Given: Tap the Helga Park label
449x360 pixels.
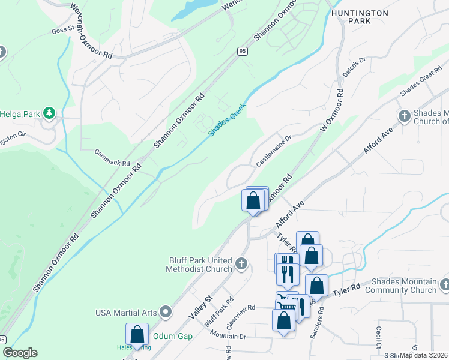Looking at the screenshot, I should (20, 113).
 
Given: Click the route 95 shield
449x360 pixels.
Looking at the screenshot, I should (242, 52).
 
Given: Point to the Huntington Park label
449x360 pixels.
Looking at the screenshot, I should (359, 17).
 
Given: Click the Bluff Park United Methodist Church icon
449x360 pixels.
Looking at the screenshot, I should (241, 263).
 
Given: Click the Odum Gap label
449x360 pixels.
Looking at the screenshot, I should (173, 336).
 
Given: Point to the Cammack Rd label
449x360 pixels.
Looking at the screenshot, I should (112, 158).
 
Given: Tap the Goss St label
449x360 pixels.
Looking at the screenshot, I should (62, 29).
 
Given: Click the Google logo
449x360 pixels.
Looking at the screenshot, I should (20, 353).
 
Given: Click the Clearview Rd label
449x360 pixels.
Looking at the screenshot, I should (241, 315).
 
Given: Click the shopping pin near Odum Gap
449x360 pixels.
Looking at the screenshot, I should (137, 335).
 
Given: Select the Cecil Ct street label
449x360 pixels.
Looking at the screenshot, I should (379, 337).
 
